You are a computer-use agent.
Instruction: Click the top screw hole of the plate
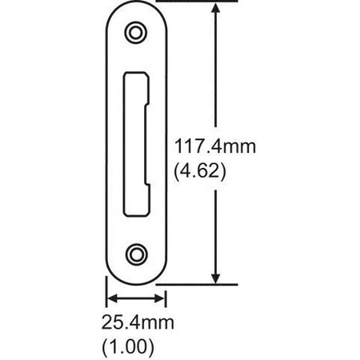(x=136, y=32)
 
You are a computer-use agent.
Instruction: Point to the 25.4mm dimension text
(x=138, y=324)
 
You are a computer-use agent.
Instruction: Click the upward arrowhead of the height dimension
(x=214, y=8)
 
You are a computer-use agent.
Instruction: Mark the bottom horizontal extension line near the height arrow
(x=200, y=284)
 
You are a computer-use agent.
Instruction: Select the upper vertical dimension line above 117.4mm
(x=214, y=72)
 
